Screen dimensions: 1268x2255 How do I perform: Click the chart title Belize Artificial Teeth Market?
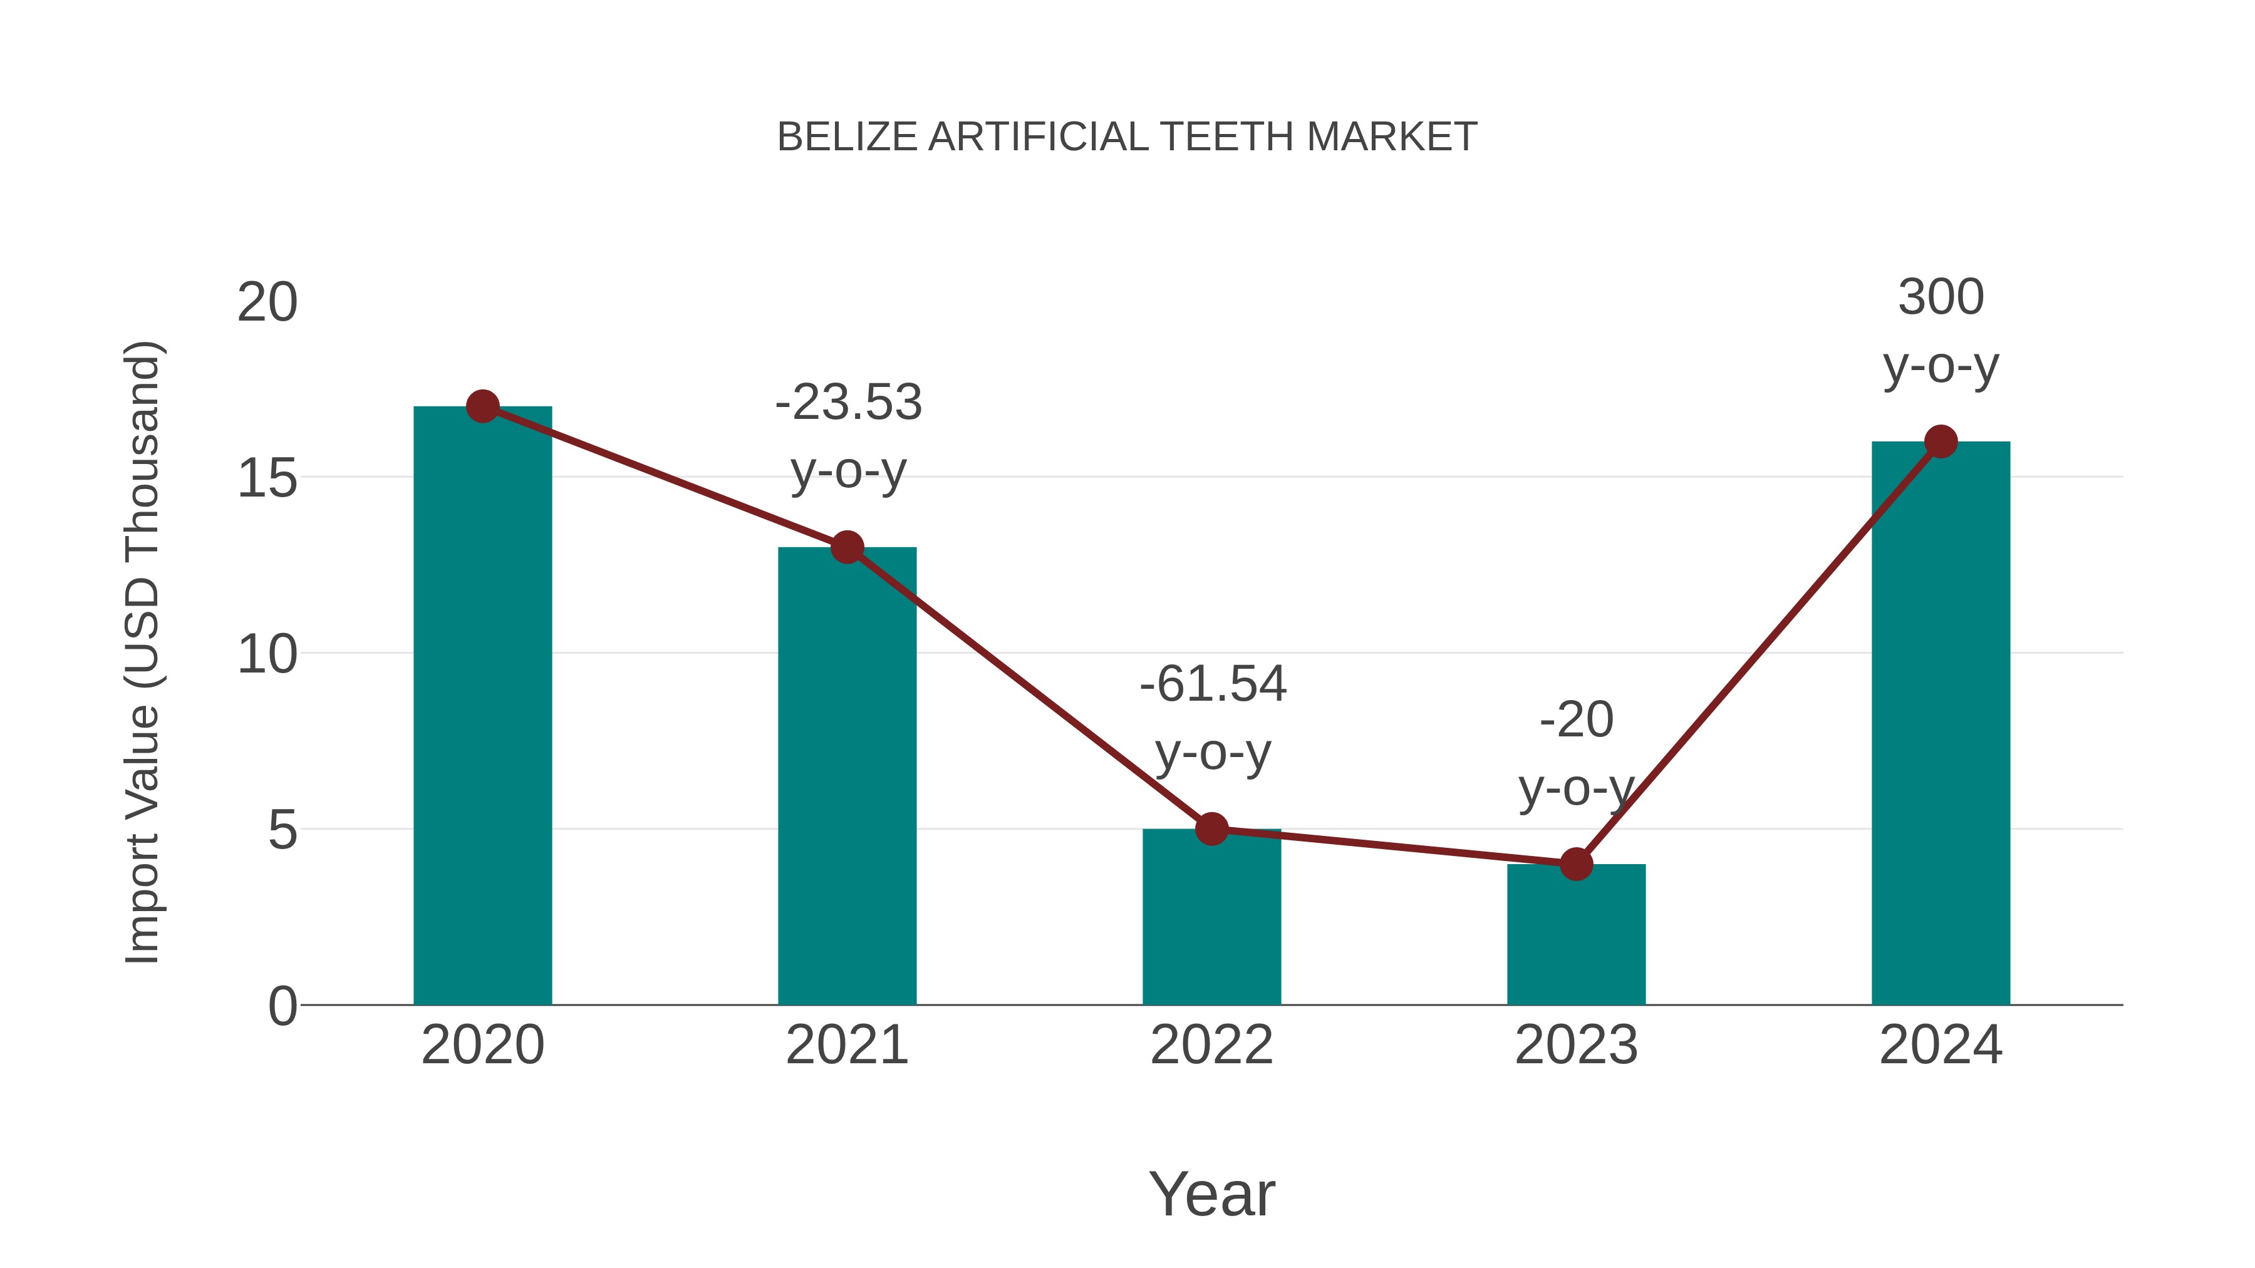pos(1127,137)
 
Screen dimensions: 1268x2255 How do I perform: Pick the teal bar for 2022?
pos(1211,919)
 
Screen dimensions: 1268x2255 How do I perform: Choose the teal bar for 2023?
pos(1576,936)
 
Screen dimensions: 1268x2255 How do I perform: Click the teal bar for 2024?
pos(1941,726)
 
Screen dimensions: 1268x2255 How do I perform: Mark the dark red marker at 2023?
pos(1576,865)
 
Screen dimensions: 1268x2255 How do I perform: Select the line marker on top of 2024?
pos(1941,442)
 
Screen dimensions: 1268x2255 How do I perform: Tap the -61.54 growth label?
pos(1213,718)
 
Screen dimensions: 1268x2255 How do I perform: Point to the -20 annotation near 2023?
pos(1576,753)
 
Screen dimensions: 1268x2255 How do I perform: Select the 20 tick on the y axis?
pos(267,303)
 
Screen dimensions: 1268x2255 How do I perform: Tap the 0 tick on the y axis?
pos(283,1006)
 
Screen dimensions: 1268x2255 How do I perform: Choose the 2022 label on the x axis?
pos(1211,1045)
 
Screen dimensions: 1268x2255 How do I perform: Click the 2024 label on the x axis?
pos(1941,1045)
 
